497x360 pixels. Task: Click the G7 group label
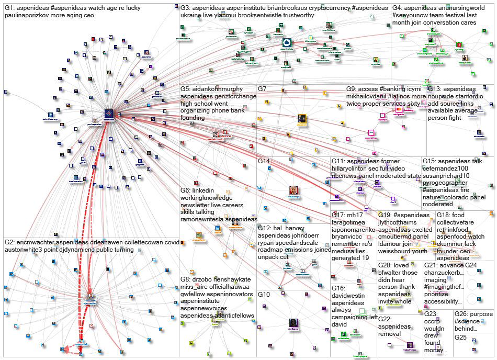263,89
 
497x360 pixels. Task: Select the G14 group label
264,161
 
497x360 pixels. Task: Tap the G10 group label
264,295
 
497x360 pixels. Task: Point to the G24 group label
471,265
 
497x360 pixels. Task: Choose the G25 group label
460,337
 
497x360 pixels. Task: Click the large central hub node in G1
109,114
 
